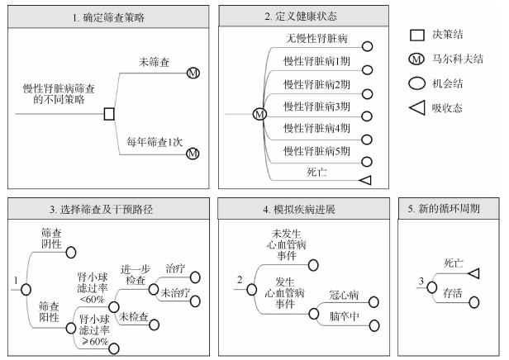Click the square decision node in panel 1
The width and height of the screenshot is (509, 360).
109,114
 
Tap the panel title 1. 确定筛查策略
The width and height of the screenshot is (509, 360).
107,17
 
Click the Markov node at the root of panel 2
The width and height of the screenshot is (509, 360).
259,114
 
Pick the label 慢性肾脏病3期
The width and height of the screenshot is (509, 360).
317,107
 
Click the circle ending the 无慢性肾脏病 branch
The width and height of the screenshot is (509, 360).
367,48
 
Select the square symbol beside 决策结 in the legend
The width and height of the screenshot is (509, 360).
417,35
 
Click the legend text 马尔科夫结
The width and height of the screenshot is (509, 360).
457,59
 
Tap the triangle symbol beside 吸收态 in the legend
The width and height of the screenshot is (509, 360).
417,107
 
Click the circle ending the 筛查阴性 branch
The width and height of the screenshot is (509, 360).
71,252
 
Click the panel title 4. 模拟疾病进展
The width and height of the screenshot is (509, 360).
301,211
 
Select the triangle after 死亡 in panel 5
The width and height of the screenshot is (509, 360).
473,273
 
